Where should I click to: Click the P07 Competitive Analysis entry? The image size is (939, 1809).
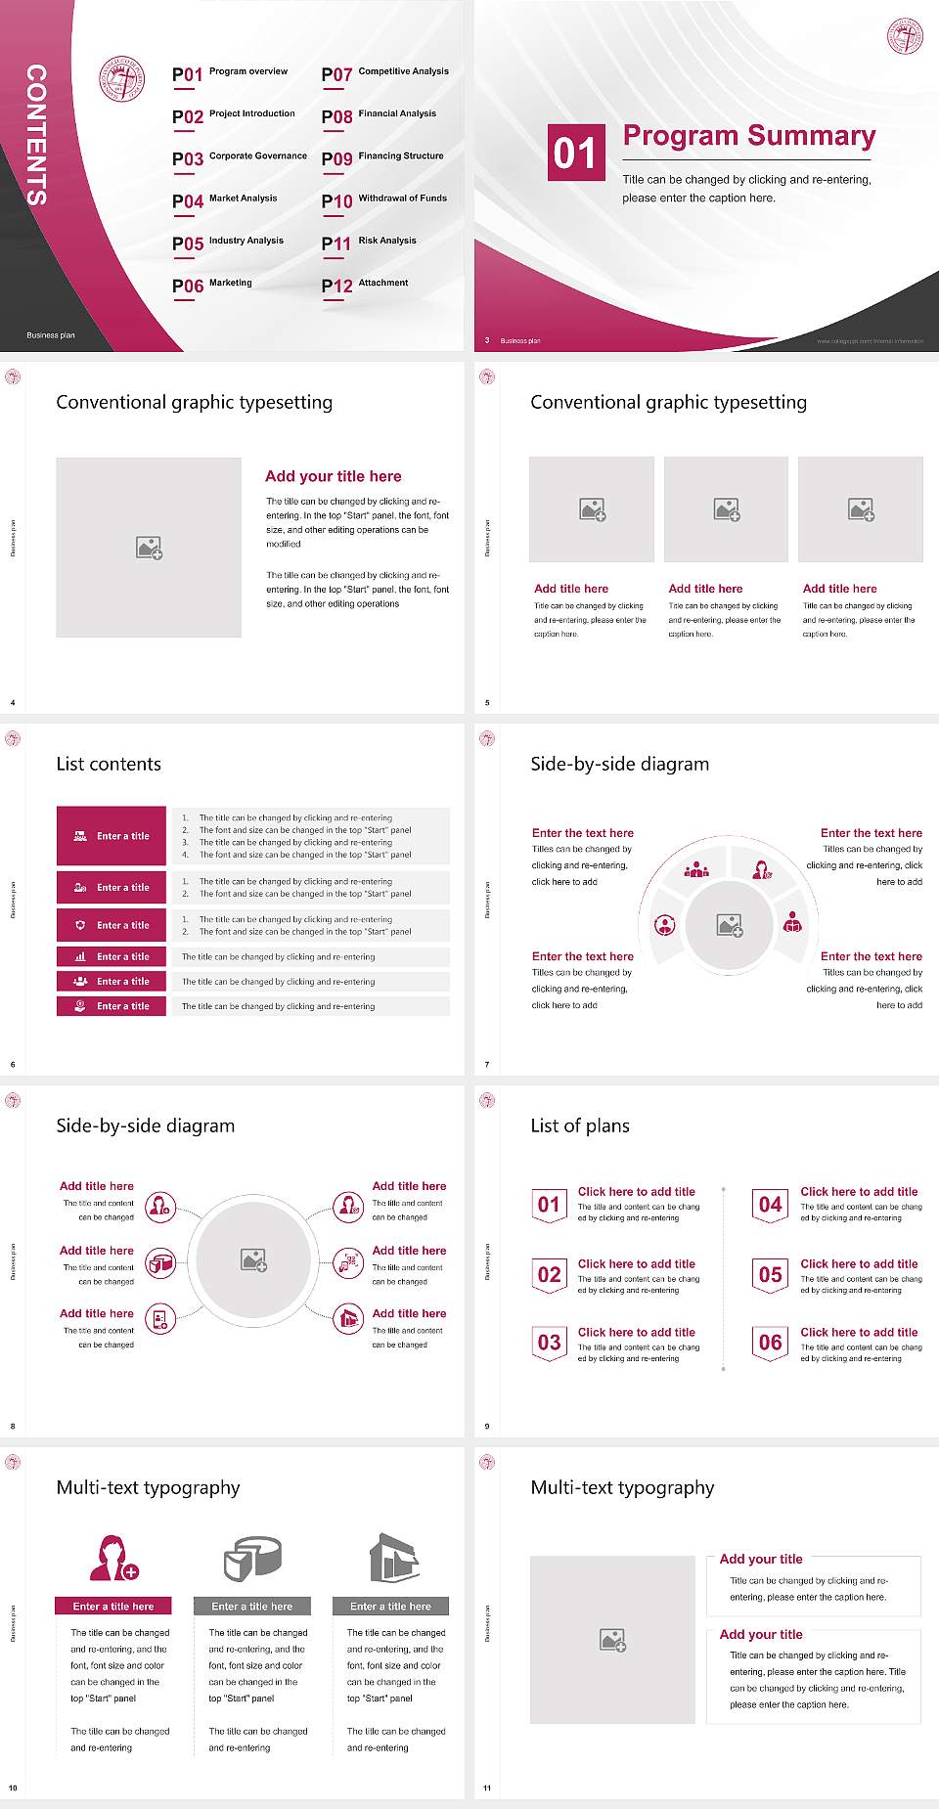point(385,73)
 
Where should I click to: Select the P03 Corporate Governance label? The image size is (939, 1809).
point(240,157)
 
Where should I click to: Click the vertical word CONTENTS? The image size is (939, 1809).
point(36,135)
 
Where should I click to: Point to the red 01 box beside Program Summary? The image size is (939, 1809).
point(575,153)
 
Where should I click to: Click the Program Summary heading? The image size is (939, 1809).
point(749,136)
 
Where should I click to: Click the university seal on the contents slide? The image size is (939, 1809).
point(122,79)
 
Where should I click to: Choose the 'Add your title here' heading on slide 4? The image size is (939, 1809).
point(333,476)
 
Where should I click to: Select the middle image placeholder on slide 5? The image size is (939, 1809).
point(726,509)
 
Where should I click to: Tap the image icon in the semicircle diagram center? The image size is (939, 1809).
point(730,925)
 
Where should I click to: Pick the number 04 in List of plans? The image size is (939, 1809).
point(771,1205)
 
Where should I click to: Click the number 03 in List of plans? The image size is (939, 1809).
point(550,1343)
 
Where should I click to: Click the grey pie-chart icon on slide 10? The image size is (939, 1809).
point(252,1558)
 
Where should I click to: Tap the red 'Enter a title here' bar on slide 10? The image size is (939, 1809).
point(113,1606)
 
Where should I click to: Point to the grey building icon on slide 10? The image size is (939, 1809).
point(394,1558)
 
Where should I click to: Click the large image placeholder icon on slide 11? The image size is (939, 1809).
point(613,1640)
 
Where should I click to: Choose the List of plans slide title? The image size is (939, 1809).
point(580,1125)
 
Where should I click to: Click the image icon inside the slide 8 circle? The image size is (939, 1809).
point(254,1260)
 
